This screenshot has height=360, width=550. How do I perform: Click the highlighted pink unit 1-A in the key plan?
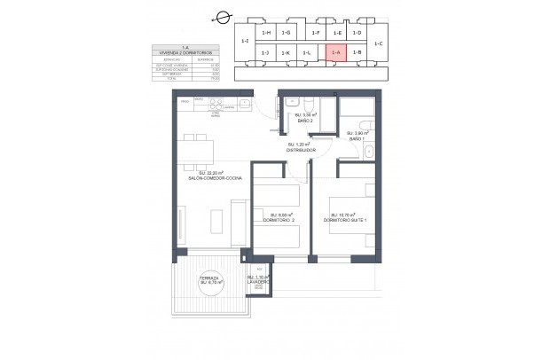pos(335,53)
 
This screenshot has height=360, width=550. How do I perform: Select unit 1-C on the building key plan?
pos(379,43)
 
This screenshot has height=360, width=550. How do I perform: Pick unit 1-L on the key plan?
pos(306,53)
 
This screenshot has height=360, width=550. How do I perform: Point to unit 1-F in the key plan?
pos(316,33)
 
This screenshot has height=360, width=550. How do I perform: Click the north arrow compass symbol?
pos(222,17)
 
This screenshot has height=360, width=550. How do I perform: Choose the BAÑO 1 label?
pos(357,137)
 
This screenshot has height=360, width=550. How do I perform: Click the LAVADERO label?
pos(258,280)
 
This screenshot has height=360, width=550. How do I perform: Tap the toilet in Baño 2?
pos(299,101)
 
